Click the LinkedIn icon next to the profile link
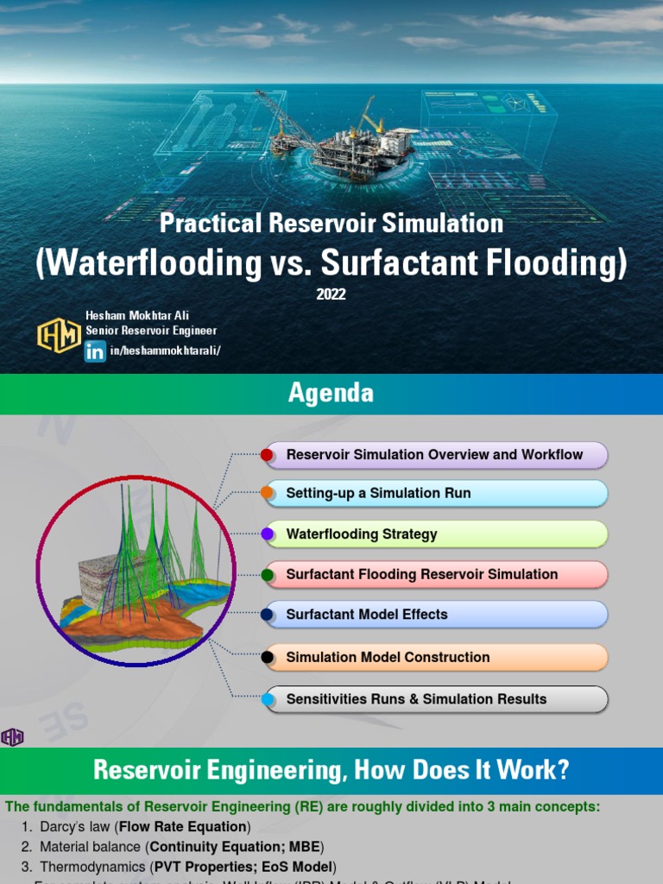point(95,351)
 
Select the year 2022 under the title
point(331,294)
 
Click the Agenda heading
point(331,394)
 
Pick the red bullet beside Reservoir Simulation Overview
point(268,455)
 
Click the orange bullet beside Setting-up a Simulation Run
point(268,494)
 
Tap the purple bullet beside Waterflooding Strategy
point(268,534)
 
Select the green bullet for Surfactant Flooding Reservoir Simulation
point(268,574)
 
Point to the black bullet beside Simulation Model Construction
point(268,657)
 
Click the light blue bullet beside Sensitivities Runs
point(268,699)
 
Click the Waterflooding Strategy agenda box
point(435,534)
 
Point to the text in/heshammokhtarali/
point(166,350)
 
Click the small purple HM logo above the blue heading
point(12,736)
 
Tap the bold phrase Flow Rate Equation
point(183,826)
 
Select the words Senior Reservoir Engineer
point(151,331)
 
